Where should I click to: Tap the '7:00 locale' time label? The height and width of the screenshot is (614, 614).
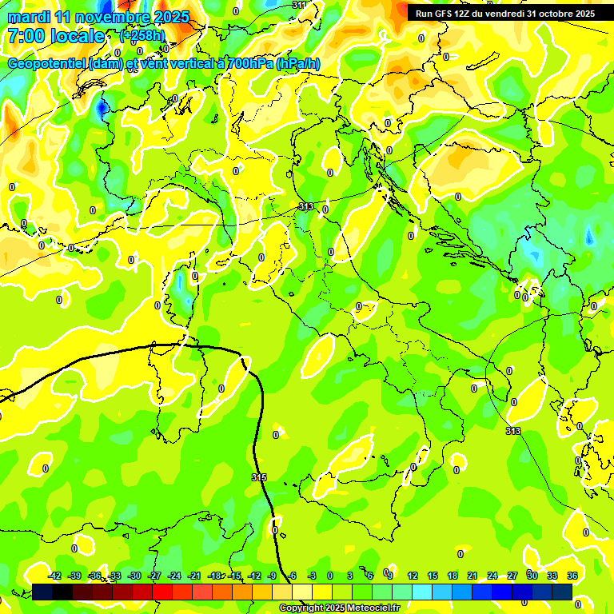tap(56, 36)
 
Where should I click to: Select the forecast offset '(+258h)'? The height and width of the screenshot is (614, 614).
tap(142, 36)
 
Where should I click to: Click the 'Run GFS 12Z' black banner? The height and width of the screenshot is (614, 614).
tap(505, 14)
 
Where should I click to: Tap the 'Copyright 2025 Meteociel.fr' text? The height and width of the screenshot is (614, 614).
tap(339, 608)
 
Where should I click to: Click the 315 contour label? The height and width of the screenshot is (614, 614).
tap(259, 477)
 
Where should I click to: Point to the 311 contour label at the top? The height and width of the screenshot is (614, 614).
tap(299, 5)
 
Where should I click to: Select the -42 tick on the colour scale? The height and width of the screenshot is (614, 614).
tap(55, 576)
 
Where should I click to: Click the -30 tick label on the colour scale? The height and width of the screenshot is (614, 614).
tap(134, 576)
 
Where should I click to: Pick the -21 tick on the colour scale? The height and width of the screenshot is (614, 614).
tap(194, 576)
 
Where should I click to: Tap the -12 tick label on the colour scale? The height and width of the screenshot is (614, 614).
tap(254, 576)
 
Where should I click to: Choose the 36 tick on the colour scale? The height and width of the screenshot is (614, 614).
tap(572, 576)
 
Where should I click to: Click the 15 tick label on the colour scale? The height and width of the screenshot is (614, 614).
tap(433, 576)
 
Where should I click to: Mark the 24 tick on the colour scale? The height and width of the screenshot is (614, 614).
tap(492, 576)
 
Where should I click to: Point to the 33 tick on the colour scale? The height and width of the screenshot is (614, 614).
tap(552, 576)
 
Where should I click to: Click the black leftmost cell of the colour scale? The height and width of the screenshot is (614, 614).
tap(42, 592)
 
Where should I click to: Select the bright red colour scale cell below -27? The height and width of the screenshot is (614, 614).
tap(162, 592)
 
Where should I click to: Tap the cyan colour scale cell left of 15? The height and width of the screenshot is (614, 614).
tap(422, 592)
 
